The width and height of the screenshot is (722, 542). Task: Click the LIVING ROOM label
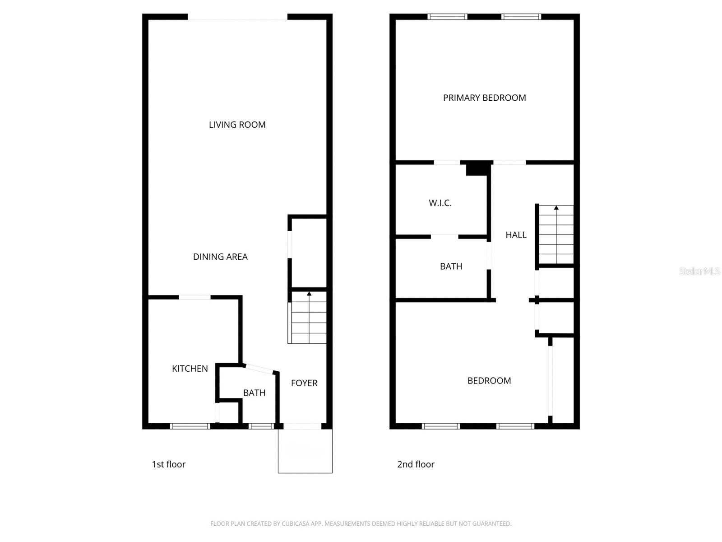point(237,125)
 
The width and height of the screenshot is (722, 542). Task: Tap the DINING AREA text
point(220,257)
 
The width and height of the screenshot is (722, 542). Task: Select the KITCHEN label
point(190,369)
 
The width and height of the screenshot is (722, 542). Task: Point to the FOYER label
point(304,383)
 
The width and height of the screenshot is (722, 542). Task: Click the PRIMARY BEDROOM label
point(484,98)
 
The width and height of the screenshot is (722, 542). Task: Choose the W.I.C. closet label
point(440,203)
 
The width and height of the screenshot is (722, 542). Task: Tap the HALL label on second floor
point(516,235)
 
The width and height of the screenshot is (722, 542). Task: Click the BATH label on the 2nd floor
point(451,266)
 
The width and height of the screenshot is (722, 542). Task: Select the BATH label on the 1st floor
point(254,393)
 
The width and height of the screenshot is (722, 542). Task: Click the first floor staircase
point(309,318)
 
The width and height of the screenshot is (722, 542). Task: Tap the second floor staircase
point(556,235)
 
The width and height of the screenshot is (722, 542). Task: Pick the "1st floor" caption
point(168,464)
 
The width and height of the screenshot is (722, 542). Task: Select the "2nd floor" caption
point(416,464)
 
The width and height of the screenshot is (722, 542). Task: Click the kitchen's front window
point(190,426)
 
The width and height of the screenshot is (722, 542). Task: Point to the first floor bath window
point(261,426)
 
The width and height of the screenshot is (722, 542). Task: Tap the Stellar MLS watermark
point(699,271)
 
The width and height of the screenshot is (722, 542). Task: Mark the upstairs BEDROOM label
point(489,381)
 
